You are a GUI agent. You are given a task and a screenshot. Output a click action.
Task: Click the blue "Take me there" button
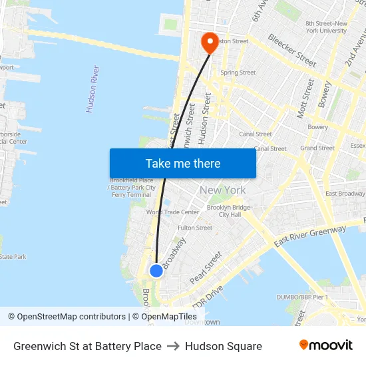[183, 163]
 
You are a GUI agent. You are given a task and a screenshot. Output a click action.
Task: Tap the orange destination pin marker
[210, 43]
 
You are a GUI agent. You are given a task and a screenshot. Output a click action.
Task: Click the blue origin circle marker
[156, 270]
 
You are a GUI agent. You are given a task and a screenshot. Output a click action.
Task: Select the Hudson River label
[92, 89]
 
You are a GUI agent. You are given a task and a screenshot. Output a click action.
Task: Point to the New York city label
[223, 190]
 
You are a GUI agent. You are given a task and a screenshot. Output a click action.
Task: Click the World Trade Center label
[172, 212]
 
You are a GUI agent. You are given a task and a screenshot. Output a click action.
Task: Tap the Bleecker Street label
[291, 50]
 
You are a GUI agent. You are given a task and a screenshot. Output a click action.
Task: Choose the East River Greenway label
[309, 238]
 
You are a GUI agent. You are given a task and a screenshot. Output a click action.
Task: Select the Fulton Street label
[195, 228]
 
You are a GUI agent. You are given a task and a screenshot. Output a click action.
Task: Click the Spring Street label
[238, 73]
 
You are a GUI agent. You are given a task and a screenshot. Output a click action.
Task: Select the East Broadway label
[345, 194]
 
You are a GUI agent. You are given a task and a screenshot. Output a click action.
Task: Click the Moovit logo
[326, 345]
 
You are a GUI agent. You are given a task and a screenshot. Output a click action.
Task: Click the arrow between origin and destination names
[173, 346]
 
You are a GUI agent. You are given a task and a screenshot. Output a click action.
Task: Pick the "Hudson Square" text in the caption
[224, 346]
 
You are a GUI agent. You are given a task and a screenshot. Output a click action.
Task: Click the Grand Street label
[317, 148]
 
